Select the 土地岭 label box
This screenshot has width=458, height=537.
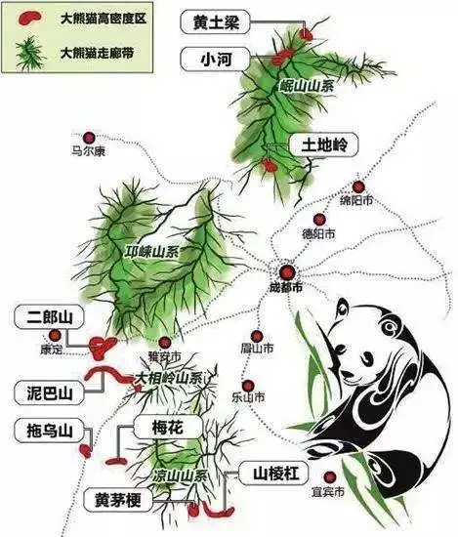tap(321, 145)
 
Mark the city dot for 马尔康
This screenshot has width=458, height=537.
tap(90, 138)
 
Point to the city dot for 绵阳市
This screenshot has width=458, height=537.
tap(358, 186)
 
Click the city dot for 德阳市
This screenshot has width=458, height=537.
tap(317, 221)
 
